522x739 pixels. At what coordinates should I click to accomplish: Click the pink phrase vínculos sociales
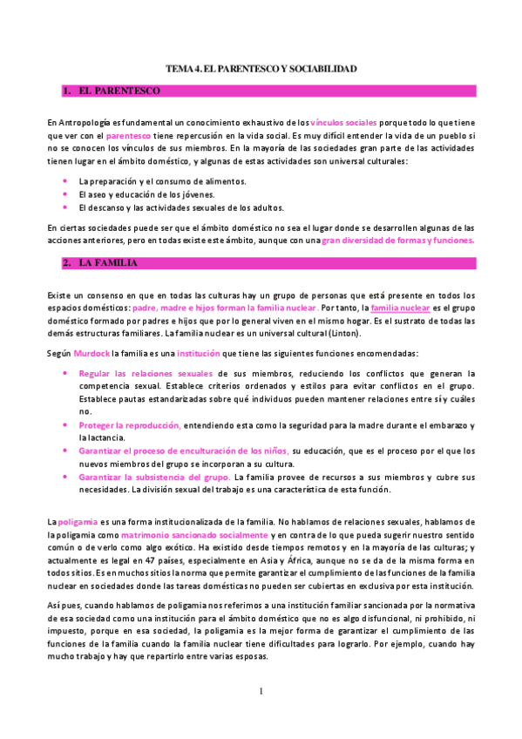343,124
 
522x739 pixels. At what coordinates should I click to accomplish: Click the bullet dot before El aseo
65,194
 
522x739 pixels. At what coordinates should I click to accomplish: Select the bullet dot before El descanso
65,207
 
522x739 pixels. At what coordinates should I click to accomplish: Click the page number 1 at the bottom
261,691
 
